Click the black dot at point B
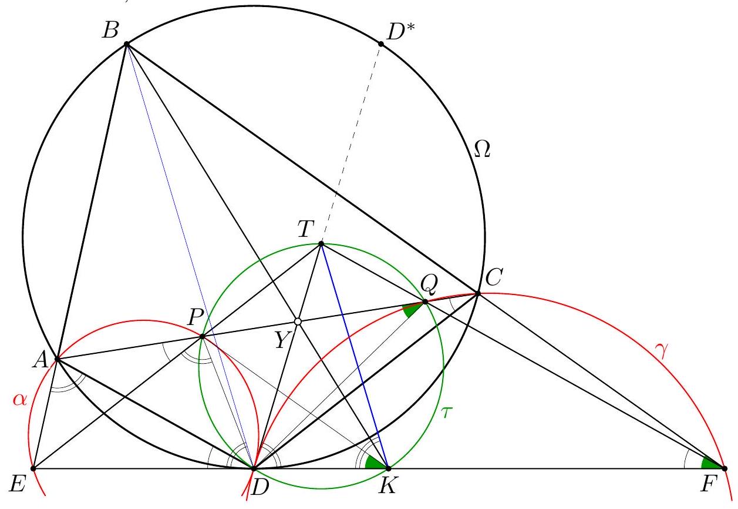(x=126, y=44)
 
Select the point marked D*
(x=381, y=43)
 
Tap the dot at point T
(x=321, y=244)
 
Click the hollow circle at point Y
(x=298, y=322)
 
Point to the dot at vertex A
(x=58, y=359)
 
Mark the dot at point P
(x=203, y=336)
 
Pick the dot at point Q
(x=425, y=302)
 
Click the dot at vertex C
(x=478, y=293)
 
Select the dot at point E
(x=33, y=468)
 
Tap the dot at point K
(x=388, y=468)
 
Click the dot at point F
(x=724, y=468)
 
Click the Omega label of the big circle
(x=482, y=149)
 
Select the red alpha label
(x=20, y=400)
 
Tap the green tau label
(x=446, y=412)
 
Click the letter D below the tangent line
(x=260, y=487)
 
